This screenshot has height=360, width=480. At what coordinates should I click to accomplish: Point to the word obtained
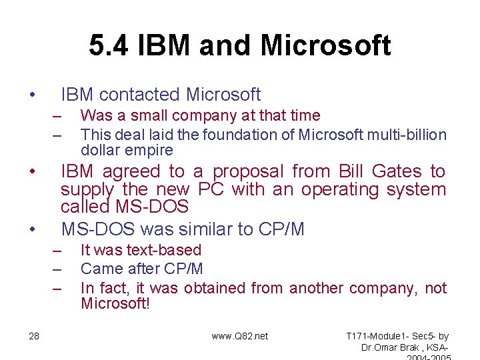[215, 288]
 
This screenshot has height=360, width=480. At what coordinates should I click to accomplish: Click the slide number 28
[34, 336]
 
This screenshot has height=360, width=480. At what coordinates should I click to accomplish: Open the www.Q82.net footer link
[239, 336]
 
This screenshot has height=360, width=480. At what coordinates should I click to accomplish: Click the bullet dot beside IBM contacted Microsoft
[32, 95]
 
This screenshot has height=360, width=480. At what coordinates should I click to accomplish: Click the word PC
[213, 189]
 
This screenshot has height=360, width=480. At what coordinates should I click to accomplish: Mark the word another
[317, 288]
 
